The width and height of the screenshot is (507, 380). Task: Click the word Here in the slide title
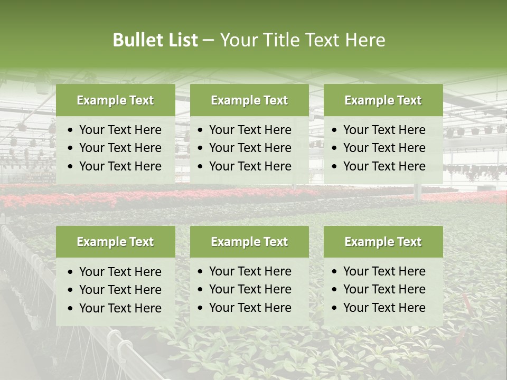[x=365, y=40]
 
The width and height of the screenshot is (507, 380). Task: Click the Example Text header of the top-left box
[x=115, y=100]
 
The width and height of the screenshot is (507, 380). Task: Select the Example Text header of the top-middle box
[x=249, y=100]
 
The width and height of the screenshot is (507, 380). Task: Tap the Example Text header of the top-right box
[x=383, y=100]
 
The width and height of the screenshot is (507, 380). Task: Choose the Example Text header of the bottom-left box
[x=115, y=242]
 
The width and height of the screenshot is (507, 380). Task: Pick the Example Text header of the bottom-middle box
[x=249, y=242]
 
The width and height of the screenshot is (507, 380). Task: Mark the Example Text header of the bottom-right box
[x=383, y=242]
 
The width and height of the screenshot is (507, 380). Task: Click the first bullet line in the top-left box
[x=120, y=130]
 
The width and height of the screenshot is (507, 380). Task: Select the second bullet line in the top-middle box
[x=250, y=148]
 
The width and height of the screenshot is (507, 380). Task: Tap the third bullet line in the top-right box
[x=384, y=166]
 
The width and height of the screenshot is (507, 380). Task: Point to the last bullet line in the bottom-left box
[x=120, y=308]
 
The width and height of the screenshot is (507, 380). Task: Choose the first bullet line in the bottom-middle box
[x=250, y=271]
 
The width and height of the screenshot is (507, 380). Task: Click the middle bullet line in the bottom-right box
[x=384, y=289]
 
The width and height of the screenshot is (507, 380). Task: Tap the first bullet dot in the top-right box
[x=335, y=130]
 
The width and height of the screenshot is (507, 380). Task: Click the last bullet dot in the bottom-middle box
[x=201, y=308]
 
